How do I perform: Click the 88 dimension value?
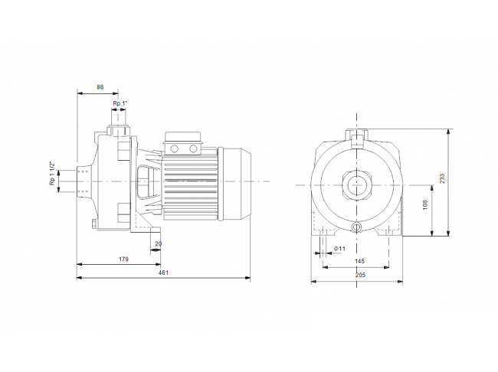[100, 86]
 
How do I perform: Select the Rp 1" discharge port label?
[120, 103]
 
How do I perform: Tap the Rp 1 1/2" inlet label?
[52, 174]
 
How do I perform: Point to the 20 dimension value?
[158, 243]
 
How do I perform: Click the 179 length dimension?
[123, 259]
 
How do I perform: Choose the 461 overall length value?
[163, 272]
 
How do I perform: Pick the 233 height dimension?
[442, 178]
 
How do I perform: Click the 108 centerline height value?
[425, 204]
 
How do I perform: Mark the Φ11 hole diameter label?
[339, 249]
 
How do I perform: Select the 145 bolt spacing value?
[359, 261]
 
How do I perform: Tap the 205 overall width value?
[360, 275]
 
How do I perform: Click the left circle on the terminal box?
[175, 148]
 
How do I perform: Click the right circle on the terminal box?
[193, 148]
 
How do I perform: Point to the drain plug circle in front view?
[357, 227]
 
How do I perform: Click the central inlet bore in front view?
[356, 185]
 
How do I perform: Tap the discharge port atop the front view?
[357, 139]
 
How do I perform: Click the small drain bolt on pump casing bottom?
[93, 224]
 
